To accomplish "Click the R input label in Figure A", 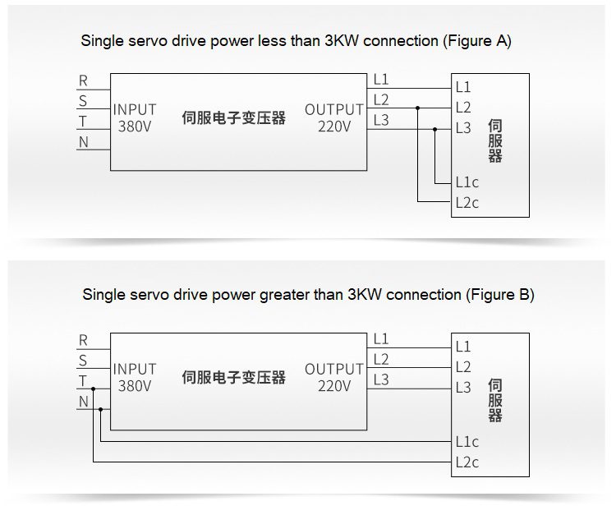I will (x=83, y=80).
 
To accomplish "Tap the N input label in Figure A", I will (x=83, y=142).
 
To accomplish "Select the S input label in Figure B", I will (x=83, y=361).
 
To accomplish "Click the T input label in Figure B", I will (x=83, y=381).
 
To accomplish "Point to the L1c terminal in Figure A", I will (x=467, y=182).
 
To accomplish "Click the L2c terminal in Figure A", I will (x=467, y=203).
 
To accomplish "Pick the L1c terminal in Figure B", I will (x=467, y=442).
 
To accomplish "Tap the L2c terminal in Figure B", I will (x=467, y=462).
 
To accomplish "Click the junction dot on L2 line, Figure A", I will (x=418, y=108).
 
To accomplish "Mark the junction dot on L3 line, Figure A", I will (x=435, y=128).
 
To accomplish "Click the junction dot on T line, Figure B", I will (x=94, y=388).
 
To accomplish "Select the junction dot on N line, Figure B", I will (x=100, y=408).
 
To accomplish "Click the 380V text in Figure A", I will (x=135, y=126).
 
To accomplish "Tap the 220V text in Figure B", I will (x=334, y=386).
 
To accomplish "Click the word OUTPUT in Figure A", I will (x=333, y=109).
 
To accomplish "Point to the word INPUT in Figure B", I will (x=135, y=369).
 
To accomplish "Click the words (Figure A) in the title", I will (x=476, y=41).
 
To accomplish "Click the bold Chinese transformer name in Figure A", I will (x=233, y=117).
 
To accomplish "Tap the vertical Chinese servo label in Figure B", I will (x=494, y=400).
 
